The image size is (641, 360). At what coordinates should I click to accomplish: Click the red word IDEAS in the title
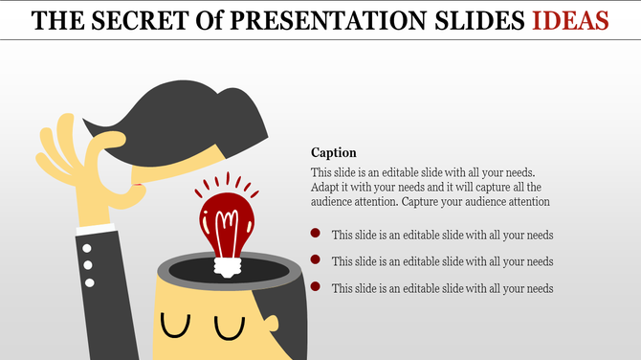point(571,19)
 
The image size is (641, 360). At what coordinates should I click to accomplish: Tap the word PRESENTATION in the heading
point(326,19)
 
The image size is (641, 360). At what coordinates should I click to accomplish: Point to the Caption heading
point(334,152)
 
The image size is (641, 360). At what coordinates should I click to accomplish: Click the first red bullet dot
point(315,234)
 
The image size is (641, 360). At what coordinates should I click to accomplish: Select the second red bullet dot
point(315,260)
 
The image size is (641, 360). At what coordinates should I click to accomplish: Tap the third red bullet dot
point(315,287)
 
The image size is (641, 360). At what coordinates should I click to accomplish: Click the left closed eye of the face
point(175,326)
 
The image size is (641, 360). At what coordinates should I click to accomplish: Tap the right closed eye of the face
point(230,326)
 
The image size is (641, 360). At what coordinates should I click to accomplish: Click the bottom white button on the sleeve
point(90,282)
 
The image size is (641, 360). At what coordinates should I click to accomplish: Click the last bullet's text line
point(442,288)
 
